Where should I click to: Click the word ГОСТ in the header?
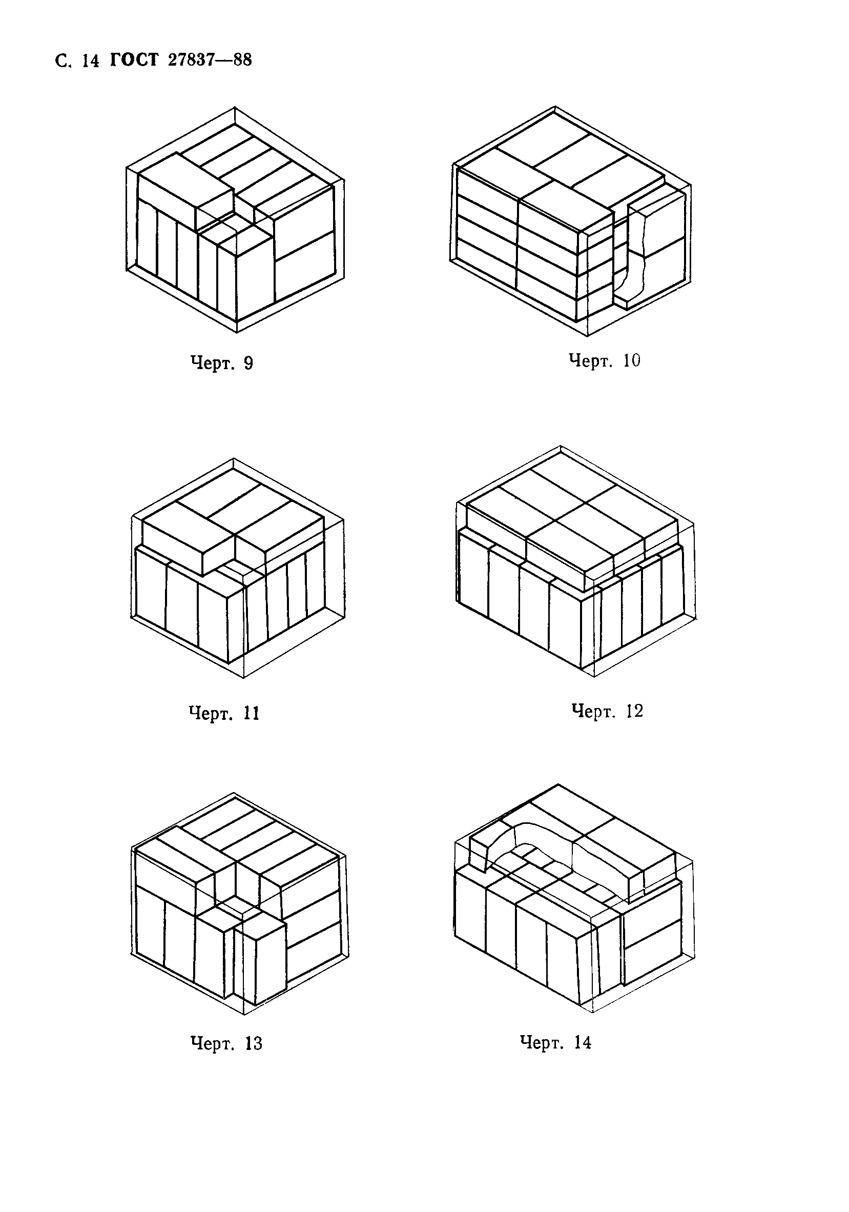click(x=134, y=60)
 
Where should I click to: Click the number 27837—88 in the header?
click(x=210, y=60)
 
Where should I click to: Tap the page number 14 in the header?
click(x=90, y=61)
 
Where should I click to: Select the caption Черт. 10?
click(x=605, y=360)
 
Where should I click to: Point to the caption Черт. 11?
click(x=224, y=713)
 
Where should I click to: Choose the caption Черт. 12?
click(x=608, y=711)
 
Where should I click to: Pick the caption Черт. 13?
click(x=226, y=1044)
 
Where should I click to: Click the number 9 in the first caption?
click(x=248, y=363)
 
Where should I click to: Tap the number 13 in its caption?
click(x=253, y=1044)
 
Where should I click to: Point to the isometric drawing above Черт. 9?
click(x=235, y=220)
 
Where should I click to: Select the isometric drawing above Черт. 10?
click(x=570, y=220)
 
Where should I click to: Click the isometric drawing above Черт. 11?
click(x=237, y=568)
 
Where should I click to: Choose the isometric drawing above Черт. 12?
click(x=575, y=561)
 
